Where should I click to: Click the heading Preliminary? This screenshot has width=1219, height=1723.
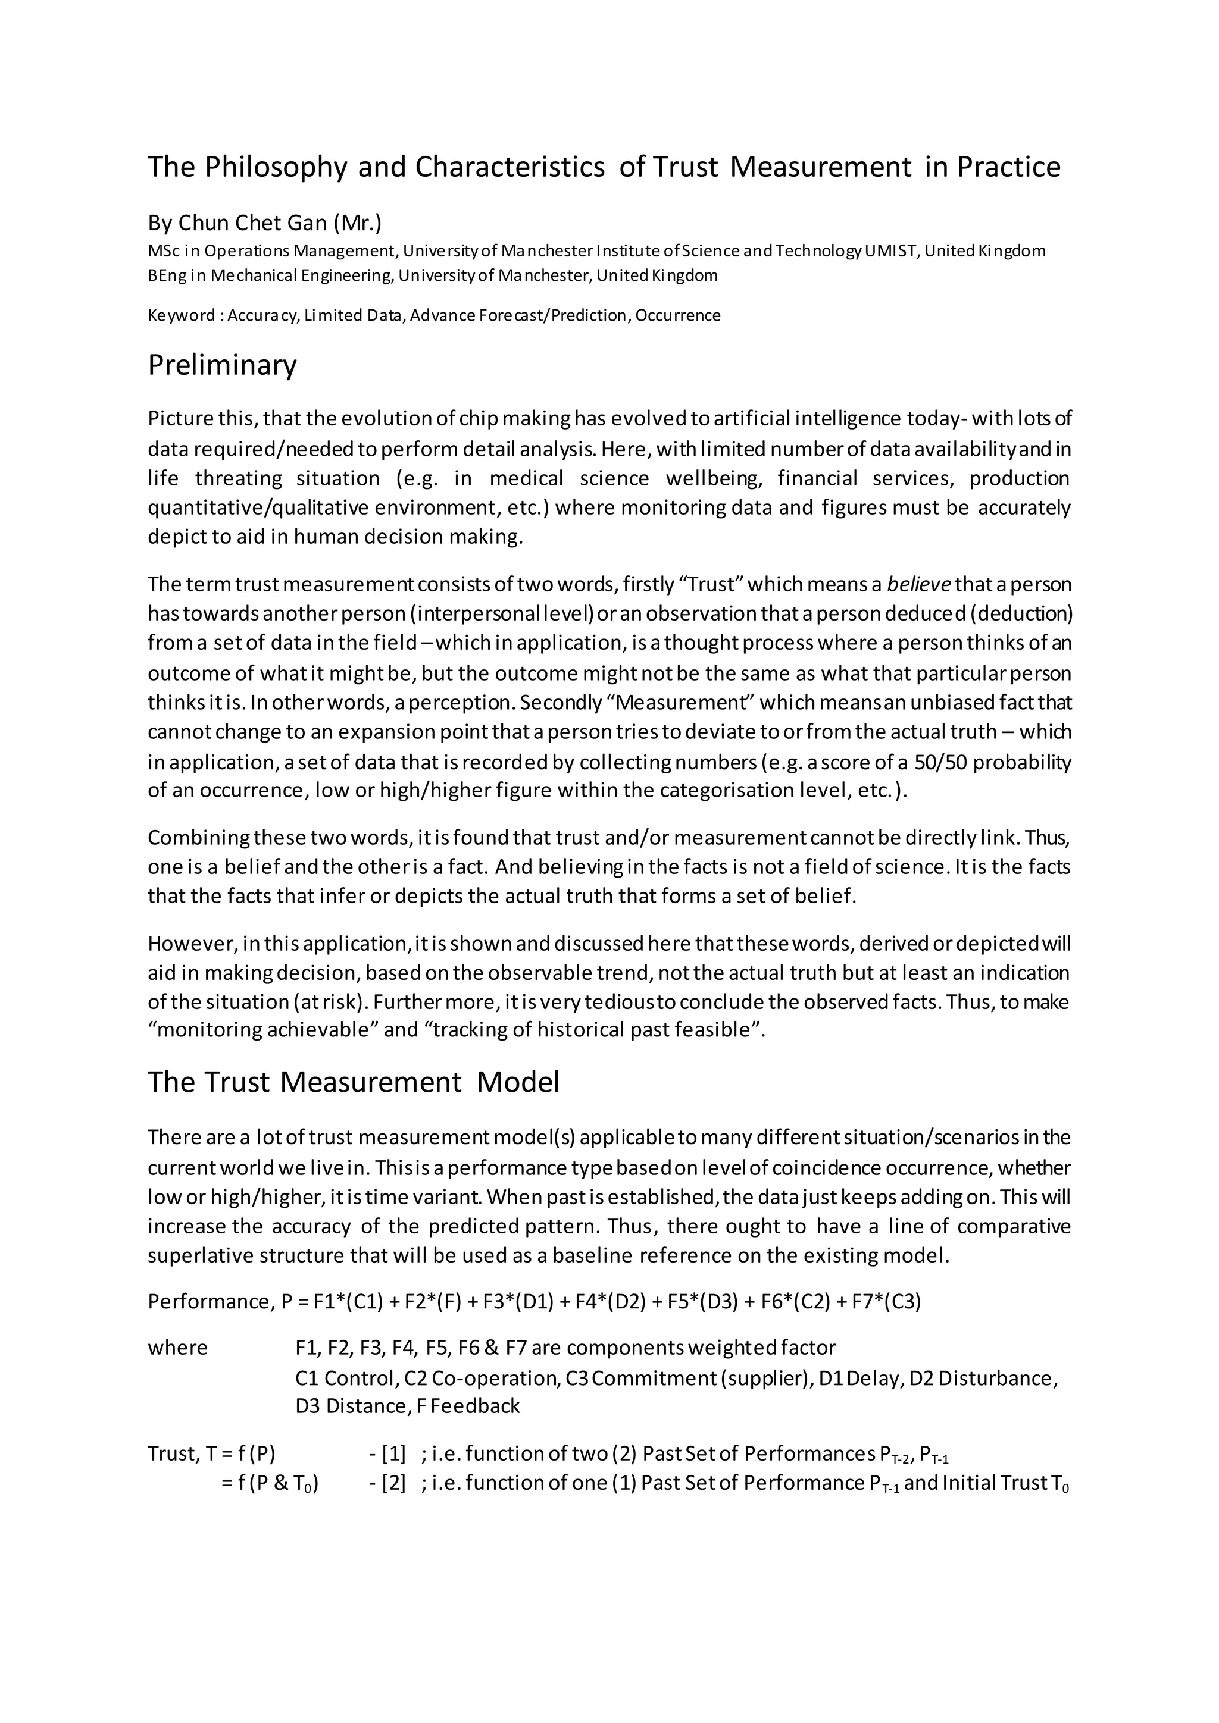222,365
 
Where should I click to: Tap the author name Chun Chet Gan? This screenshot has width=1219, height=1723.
252,223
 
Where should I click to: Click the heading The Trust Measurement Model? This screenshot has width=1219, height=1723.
353,1082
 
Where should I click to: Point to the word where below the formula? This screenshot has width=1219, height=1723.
177,1348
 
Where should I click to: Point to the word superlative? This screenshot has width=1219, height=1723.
196,1255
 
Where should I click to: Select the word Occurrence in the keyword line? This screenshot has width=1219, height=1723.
678,315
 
